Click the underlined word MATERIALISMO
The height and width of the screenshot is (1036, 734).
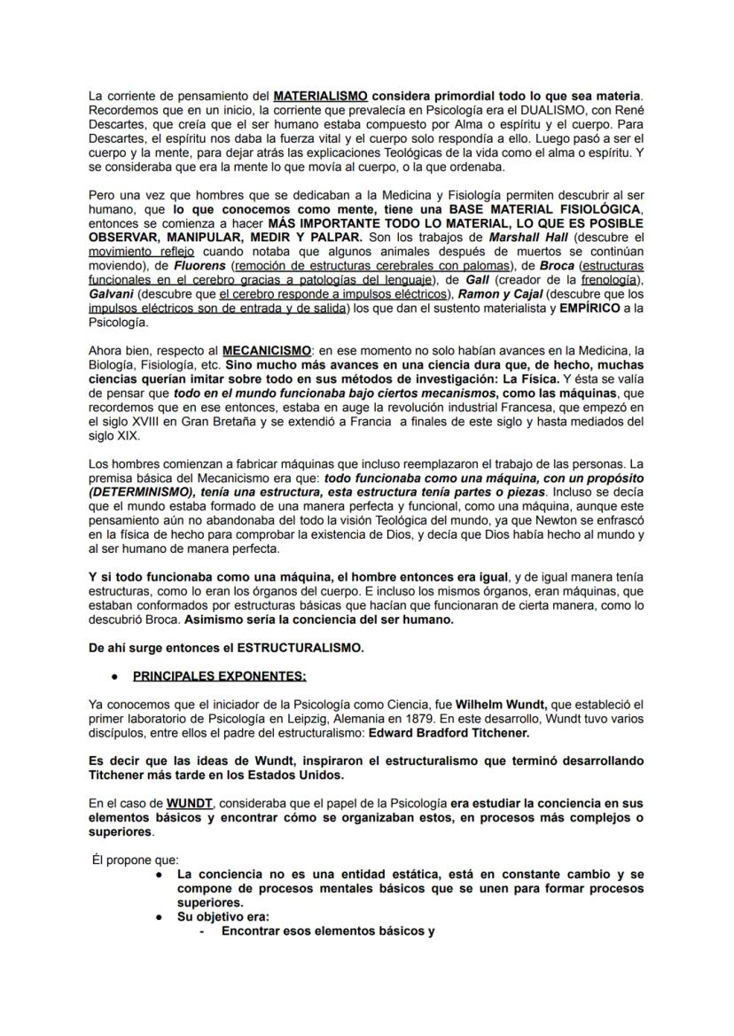321,95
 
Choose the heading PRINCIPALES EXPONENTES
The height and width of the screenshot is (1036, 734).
219,676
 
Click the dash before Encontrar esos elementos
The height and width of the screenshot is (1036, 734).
202,931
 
